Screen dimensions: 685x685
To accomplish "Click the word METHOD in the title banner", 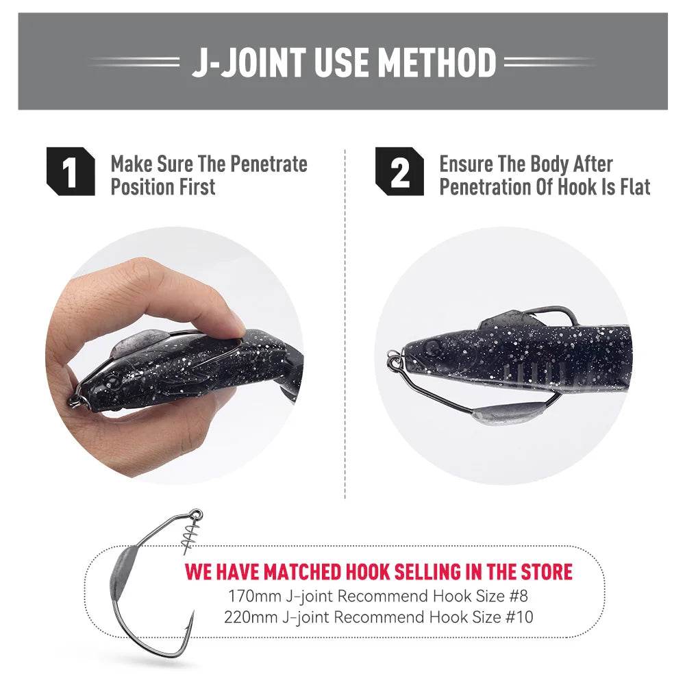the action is pos(437,62).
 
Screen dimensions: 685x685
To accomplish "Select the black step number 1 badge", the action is pos(71,171).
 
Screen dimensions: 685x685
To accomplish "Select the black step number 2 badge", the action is pos(399,171).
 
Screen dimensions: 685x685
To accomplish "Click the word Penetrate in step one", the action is pos(269,164).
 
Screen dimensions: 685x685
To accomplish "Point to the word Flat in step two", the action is pos(635,187).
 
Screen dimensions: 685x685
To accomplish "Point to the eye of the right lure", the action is pos(432,347).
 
